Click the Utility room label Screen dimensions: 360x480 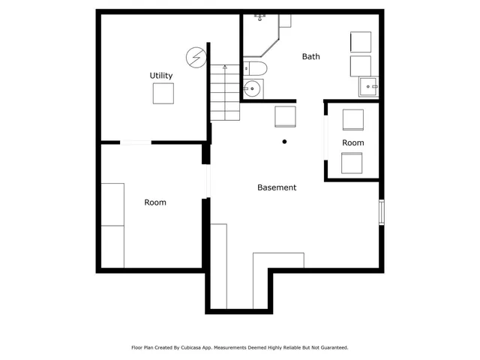(x=161, y=76)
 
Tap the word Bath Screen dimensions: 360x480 (x=311, y=56)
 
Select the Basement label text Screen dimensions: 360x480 (x=277, y=187)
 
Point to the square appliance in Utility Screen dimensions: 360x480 (x=163, y=94)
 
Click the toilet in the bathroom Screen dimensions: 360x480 (x=256, y=70)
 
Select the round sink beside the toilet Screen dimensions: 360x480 (x=253, y=89)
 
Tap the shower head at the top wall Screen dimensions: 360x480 (x=259, y=16)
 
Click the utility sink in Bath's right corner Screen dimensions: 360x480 (x=368, y=87)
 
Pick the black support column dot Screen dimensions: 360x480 (x=284, y=141)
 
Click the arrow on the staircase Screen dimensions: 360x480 (x=223, y=68)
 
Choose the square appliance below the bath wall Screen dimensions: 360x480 (x=285, y=117)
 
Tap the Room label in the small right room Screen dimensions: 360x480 (x=353, y=142)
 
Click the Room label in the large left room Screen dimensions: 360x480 (x=155, y=202)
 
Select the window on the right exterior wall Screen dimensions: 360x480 (x=382, y=211)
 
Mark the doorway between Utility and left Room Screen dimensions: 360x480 (x=135, y=142)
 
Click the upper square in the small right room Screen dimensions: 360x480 (x=352, y=120)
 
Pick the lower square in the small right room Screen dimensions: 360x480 (x=352, y=163)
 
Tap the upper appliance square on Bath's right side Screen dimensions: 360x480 (x=361, y=42)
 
